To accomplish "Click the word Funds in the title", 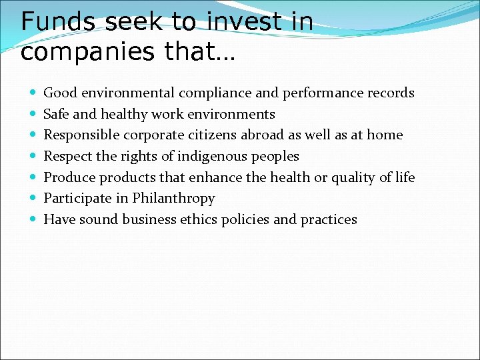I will pos(57,22).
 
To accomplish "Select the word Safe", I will pos(56,114).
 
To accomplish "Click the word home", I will pos(385,135).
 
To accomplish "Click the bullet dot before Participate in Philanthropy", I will pos(33,199).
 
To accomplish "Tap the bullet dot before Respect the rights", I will pos(33,157).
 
